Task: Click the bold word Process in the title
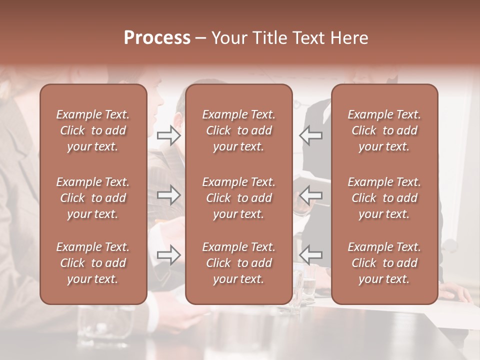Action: pyautogui.click(x=157, y=38)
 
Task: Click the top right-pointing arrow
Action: pyautogui.click(x=169, y=135)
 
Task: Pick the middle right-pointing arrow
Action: pyautogui.click(x=169, y=195)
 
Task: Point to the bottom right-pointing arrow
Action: pyautogui.click(x=169, y=255)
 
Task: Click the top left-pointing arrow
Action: pyautogui.click(x=311, y=135)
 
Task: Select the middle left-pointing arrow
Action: pyautogui.click(x=311, y=195)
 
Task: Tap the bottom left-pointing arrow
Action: pyautogui.click(x=311, y=255)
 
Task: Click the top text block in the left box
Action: pyautogui.click(x=93, y=130)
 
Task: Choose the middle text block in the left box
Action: pyautogui.click(x=93, y=198)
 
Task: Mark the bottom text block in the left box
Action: pyautogui.click(x=93, y=263)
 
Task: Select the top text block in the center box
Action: pyautogui.click(x=238, y=130)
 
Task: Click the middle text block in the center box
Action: pyautogui.click(x=238, y=198)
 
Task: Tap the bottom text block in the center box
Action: pyautogui.click(x=238, y=263)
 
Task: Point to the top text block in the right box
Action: pyautogui.click(x=384, y=130)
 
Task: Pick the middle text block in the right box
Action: pyautogui.click(x=384, y=198)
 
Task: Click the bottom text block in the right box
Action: pyautogui.click(x=384, y=263)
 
